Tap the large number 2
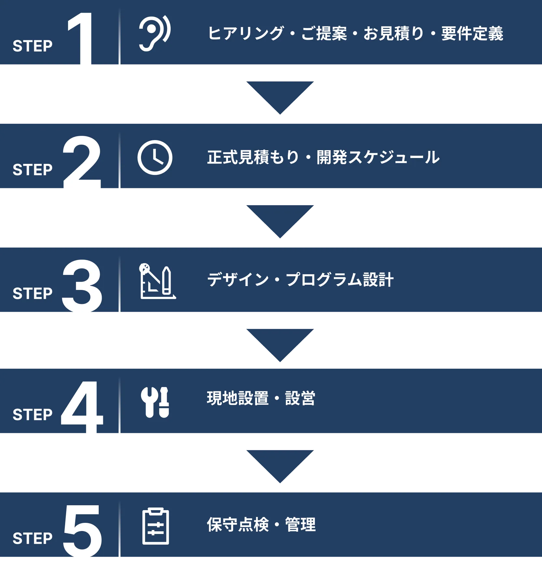(x=82, y=163)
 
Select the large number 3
(x=82, y=287)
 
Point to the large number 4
(x=82, y=408)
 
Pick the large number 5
(x=82, y=532)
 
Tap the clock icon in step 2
(x=155, y=158)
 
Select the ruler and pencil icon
(x=157, y=281)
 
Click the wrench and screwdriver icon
(x=155, y=402)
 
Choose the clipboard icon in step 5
(x=156, y=526)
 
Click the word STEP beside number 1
(x=33, y=46)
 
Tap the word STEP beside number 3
(x=33, y=294)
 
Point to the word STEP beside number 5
(x=33, y=538)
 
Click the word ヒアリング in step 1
(x=246, y=33)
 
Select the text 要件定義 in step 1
(x=472, y=34)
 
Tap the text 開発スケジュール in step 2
(x=378, y=157)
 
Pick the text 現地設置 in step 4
(x=238, y=398)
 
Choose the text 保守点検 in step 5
(x=238, y=524)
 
